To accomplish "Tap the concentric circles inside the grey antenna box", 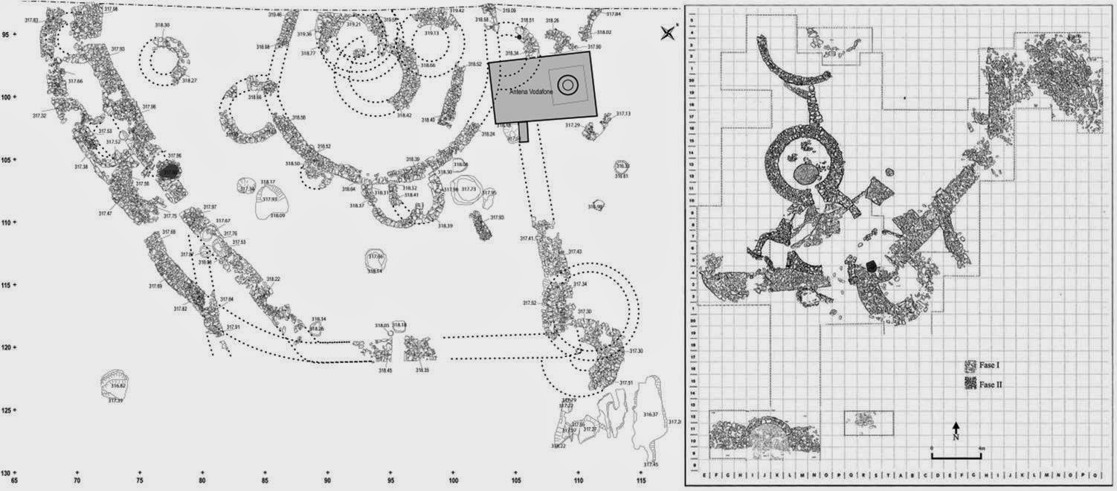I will pyautogui.click(x=567, y=85).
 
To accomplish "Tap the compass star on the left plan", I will pyautogui.click(x=668, y=32).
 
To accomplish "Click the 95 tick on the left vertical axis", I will pyautogui.click(x=14, y=34).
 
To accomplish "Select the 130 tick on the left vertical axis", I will pyautogui.click(x=14, y=472).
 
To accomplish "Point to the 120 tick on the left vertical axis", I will pyautogui.click(x=14, y=347).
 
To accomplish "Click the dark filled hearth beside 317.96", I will pyautogui.click(x=170, y=170).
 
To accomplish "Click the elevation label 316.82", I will pyautogui.click(x=118, y=386).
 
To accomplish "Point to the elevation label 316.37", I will pyautogui.click(x=651, y=414).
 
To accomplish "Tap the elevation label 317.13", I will pyautogui.click(x=622, y=113).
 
